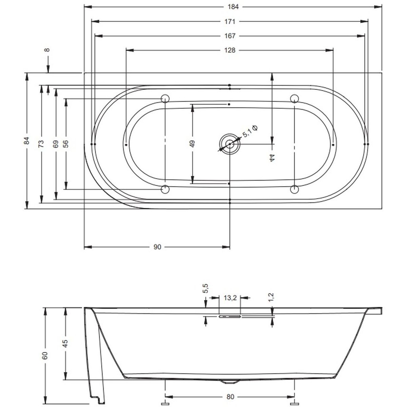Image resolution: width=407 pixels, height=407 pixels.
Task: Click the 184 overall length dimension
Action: point(233,7)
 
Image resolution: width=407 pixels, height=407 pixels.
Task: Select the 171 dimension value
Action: point(230,22)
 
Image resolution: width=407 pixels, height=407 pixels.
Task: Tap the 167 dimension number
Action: point(230,36)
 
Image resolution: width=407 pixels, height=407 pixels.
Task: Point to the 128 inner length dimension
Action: point(230,50)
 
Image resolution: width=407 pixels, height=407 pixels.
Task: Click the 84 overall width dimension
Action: point(26,141)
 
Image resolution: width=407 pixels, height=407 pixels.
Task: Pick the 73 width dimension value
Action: point(41,143)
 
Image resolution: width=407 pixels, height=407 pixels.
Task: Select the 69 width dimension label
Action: point(56,143)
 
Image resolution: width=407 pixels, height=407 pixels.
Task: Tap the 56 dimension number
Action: point(66,143)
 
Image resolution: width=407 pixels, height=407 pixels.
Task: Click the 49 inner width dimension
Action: point(192,143)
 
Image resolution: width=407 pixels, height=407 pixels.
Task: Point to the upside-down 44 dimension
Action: point(272,158)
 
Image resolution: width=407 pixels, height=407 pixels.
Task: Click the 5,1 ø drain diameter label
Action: point(250,131)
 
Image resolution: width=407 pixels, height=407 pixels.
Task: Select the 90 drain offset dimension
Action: point(157,247)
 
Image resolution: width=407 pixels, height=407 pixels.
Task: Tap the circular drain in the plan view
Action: point(230,144)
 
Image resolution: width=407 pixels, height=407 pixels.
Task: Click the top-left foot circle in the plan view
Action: point(165,99)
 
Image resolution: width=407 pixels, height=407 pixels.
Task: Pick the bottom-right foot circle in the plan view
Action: point(294,190)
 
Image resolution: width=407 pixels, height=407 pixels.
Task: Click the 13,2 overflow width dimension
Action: point(230,298)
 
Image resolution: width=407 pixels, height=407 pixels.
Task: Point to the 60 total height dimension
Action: point(45,356)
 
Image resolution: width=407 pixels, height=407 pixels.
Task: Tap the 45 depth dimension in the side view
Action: point(66,344)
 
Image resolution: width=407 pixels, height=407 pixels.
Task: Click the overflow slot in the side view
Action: point(230,317)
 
